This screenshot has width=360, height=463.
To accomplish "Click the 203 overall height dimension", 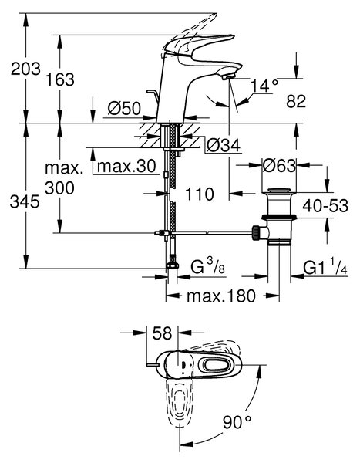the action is (25, 69).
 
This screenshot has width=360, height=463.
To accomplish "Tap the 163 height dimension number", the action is (60, 79).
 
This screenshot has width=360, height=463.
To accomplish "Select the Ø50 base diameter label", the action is (124, 108).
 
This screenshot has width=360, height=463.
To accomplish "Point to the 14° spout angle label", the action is (264, 86).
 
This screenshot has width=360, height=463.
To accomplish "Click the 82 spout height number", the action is (296, 101).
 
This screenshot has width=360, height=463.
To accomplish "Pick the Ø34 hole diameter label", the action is (224, 145).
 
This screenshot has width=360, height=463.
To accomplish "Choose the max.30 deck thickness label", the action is (126, 167).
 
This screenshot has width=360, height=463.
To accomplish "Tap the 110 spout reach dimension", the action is (200, 194).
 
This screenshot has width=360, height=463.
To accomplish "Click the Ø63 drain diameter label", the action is (279, 166).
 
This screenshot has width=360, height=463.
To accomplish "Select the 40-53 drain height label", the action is (325, 205).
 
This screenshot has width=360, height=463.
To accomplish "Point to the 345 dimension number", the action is (25, 202).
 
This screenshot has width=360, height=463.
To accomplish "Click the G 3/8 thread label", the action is (207, 266).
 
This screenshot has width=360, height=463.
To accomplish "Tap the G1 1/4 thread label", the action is (325, 267).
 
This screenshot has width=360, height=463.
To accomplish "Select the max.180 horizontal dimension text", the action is (221, 296).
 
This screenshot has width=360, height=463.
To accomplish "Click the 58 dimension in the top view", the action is (162, 333).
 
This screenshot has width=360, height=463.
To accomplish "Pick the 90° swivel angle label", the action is (237, 422).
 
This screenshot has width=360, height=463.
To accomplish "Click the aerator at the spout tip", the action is (228, 77).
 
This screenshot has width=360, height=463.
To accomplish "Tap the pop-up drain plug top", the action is (279, 190).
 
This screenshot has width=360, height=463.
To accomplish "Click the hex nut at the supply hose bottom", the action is (173, 265).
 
